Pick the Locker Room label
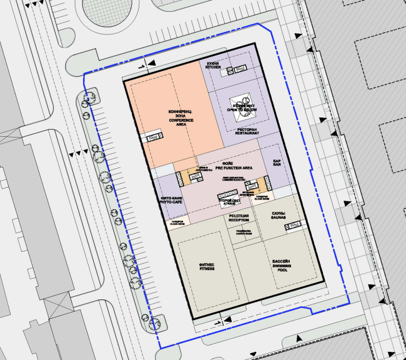[x=244, y=232]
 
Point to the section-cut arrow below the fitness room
[x=218, y=322]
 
